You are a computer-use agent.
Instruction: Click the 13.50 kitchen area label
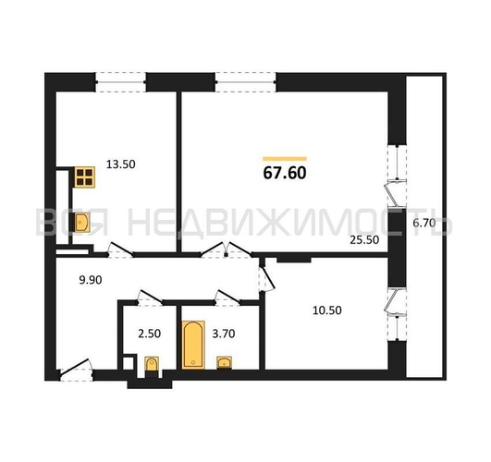[120, 164]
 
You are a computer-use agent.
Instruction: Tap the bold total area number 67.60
[284, 173]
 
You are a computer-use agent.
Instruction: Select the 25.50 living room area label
[364, 240]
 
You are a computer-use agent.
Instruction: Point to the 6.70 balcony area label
[424, 223]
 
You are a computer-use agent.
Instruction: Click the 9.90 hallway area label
[91, 280]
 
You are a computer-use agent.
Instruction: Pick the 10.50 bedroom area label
[327, 310]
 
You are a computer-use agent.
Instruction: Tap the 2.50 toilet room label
[150, 334]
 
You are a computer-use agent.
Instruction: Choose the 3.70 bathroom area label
[224, 334]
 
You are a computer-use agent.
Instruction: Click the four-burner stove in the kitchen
[84, 176]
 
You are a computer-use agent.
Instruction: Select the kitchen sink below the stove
[82, 223]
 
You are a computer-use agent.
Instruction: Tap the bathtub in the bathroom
[193, 345]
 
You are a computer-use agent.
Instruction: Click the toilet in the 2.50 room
[152, 367]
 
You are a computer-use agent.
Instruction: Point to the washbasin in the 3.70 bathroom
[224, 362]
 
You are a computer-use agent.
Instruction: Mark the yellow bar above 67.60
[285, 159]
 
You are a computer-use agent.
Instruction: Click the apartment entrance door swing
[76, 370]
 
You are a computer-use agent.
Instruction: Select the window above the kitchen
[120, 82]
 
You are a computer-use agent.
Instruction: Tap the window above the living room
[246, 82]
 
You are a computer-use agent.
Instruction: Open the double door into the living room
[227, 249]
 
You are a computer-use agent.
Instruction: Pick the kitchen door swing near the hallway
[120, 250]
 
